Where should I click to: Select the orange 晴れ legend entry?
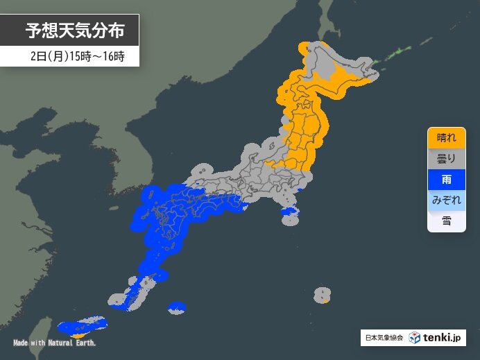445,137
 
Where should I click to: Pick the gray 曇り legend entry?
445,158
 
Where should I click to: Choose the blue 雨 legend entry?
445,179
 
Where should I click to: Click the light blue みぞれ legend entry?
445,200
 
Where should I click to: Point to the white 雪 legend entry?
445,221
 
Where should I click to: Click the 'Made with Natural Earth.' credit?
54,343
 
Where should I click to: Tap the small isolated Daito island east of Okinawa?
178,307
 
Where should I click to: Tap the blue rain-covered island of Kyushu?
154,222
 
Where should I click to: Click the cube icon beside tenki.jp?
414,338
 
